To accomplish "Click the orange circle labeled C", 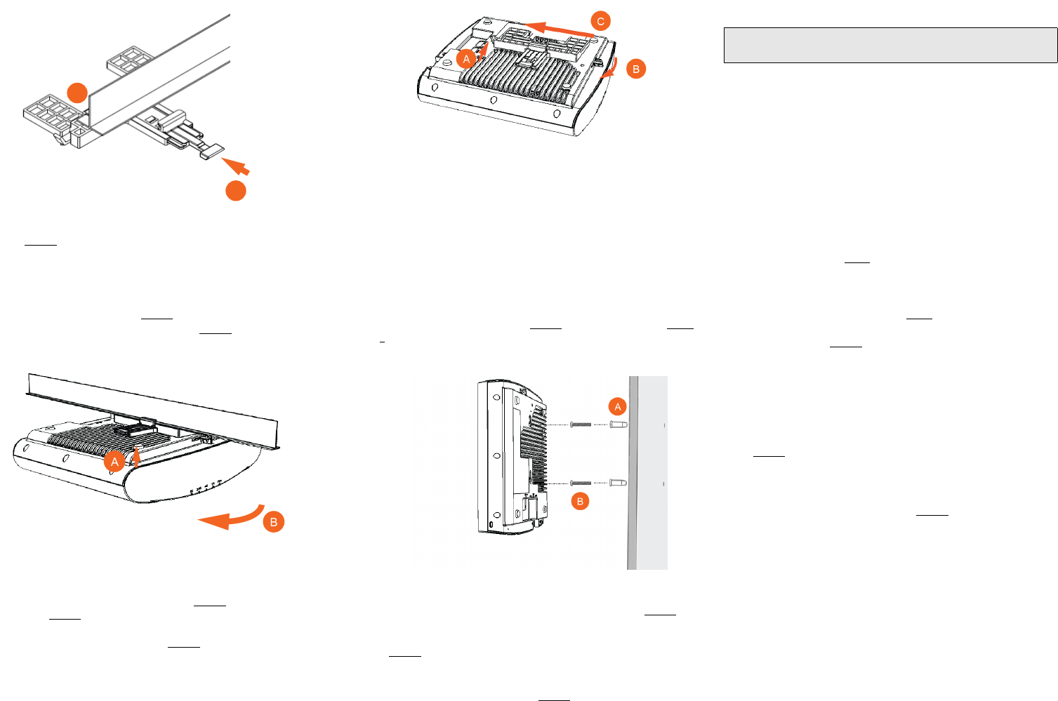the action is point(600,22).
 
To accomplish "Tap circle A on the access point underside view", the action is point(467,59).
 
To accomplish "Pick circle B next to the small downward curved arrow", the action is point(636,69).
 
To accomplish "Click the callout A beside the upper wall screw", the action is point(618,407).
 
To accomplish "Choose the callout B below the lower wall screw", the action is point(580,501).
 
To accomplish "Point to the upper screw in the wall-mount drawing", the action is point(581,425).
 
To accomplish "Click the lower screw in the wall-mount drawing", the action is point(581,483).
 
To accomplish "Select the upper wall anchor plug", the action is point(619,425).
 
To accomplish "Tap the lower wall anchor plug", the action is point(619,483).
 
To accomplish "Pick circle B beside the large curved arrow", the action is point(274,522).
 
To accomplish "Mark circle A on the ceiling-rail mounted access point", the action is point(114,462).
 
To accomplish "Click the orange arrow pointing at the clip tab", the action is point(235,166).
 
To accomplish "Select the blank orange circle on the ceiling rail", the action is point(77,93).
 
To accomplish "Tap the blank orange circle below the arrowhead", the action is point(236,191).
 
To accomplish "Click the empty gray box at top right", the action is point(890,46).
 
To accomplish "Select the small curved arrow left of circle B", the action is point(612,68).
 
